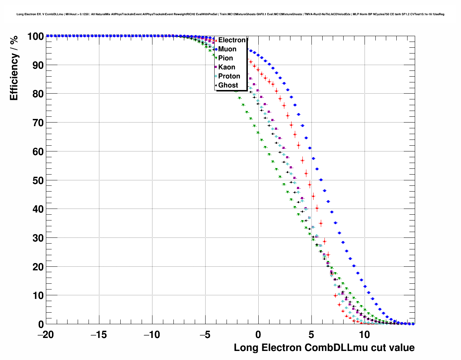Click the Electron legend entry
(232, 40)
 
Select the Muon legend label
(227, 49)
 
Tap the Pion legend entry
(225, 58)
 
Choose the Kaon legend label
(227, 67)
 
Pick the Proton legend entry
(229, 76)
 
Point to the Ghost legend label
(228, 85)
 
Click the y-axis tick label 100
(35, 37)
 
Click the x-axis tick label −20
(46, 335)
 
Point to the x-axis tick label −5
(205, 335)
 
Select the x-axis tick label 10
(364, 335)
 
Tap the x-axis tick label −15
(99, 335)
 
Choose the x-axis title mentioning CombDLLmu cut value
(324, 348)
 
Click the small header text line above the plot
(230, 14)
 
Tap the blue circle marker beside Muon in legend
(216, 49)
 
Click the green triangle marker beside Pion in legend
(216, 58)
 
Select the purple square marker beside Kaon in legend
(216, 67)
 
